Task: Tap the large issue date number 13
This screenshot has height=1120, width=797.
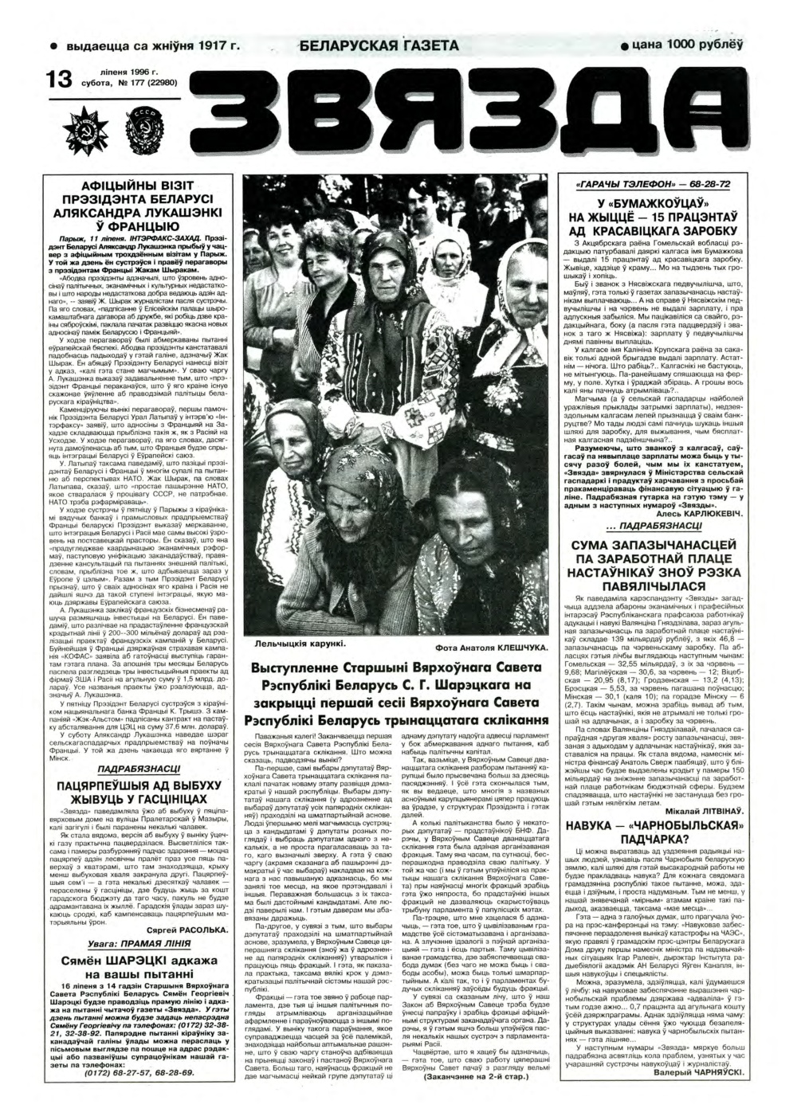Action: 61,79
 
